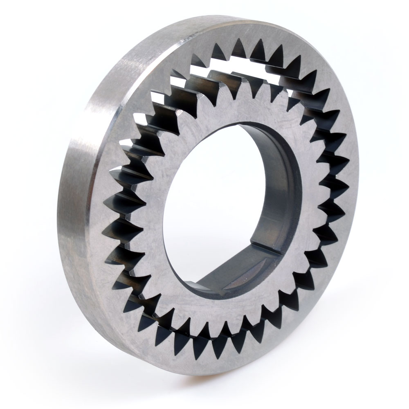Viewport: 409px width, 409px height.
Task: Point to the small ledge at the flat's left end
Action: click(x=196, y=282)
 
